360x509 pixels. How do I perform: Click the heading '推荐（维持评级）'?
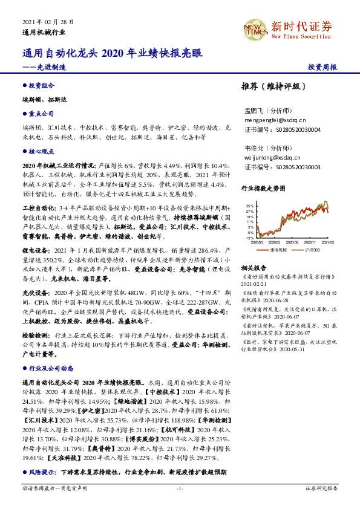coord(270,86)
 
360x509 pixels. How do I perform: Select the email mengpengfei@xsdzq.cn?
coord(276,120)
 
